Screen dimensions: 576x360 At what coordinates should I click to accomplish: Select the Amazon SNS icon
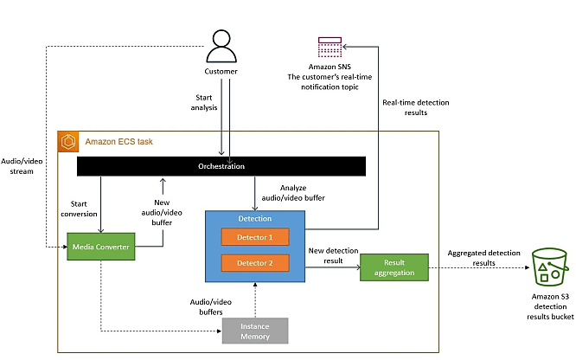[330, 47]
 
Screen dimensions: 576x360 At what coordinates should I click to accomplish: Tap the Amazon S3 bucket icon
[550, 267]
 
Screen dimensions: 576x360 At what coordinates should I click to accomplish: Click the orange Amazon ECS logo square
[68, 142]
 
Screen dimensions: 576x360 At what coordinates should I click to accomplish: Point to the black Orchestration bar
[221, 166]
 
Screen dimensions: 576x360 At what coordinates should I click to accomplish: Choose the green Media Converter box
[101, 247]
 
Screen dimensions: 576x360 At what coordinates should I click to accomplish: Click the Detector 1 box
[255, 237]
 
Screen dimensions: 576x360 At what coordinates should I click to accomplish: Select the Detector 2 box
[255, 263]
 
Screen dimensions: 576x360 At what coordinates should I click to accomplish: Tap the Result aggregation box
[394, 267]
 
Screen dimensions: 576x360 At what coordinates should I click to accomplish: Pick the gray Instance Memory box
[255, 331]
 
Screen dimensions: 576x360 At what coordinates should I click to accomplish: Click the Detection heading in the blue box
[255, 218]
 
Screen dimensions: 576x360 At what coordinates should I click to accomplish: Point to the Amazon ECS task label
[119, 142]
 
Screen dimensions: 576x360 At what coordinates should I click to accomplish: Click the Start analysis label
[204, 103]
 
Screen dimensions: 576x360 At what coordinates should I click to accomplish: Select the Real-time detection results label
[416, 107]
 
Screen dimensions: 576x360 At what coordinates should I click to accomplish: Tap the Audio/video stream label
[22, 166]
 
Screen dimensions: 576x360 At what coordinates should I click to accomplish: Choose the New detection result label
[333, 255]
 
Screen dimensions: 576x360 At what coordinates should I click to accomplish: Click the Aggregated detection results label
[483, 258]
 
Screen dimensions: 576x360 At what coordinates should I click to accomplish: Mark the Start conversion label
[79, 209]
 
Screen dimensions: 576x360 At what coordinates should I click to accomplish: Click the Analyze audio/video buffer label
[293, 193]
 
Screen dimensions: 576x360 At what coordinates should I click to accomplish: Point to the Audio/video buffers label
[211, 307]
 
